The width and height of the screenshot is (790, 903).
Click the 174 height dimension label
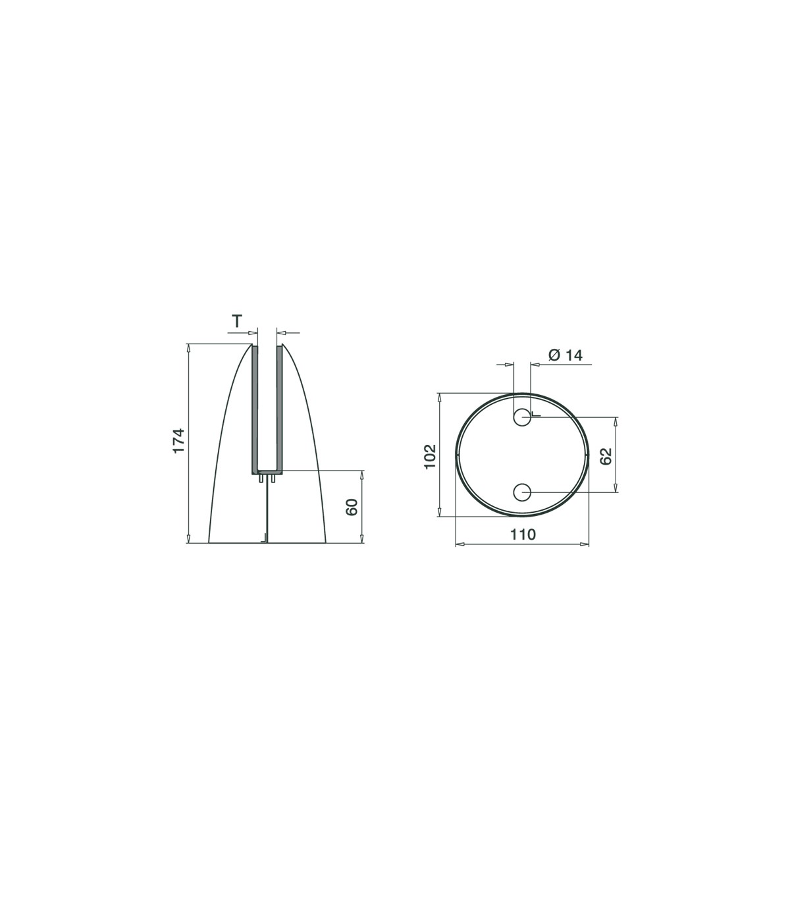pyautogui.click(x=178, y=440)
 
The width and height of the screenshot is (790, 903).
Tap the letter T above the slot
pyautogui.click(x=237, y=322)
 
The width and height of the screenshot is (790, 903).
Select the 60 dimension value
pyautogui.click(x=352, y=507)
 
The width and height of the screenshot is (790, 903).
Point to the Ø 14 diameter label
pyautogui.click(x=566, y=355)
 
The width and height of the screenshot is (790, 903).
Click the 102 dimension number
pyautogui.click(x=429, y=456)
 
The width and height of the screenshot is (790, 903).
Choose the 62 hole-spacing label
pyautogui.click(x=606, y=456)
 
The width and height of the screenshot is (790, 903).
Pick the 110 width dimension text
pyautogui.click(x=523, y=534)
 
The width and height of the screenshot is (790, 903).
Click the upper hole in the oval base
pyautogui.click(x=522, y=417)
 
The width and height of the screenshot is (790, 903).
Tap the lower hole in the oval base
pyautogui.click(x=522, y=492)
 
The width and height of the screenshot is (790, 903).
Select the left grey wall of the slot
pyautogui.click(x=255, y=409)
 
